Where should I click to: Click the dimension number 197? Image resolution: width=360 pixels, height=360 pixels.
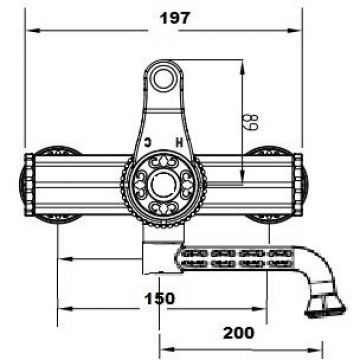pos(175,18)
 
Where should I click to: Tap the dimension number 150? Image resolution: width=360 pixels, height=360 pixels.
pos(159,298)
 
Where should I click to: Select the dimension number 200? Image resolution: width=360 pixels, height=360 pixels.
pos(239,333)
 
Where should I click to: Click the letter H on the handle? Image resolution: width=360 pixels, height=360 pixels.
pos(180,143)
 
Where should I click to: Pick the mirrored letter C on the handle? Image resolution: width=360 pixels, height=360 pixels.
pos(147,143)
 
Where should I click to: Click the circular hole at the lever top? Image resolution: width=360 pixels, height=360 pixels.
pos(163,77)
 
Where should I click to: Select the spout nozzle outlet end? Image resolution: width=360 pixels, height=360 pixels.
pos(325,305)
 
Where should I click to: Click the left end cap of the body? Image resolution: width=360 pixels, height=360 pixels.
pos(28,184)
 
